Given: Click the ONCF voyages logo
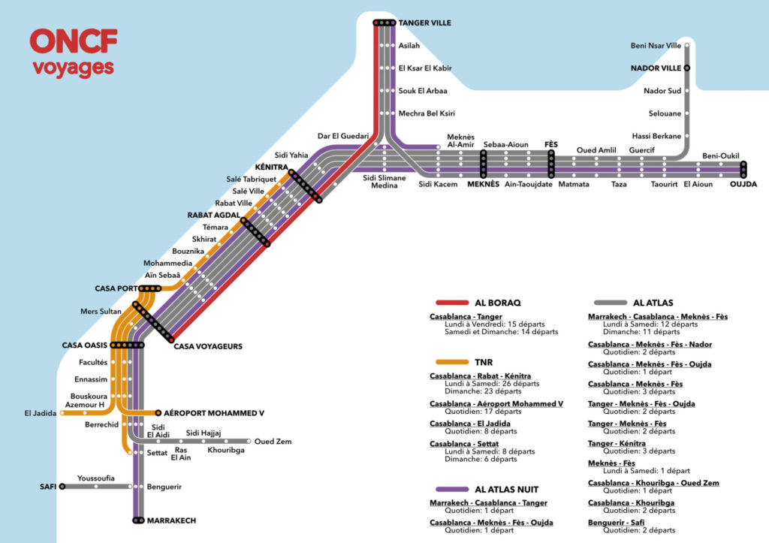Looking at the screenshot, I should coord(74,53).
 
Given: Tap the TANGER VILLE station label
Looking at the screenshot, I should coord(424,23).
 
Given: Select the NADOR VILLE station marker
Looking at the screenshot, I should coord(686,68).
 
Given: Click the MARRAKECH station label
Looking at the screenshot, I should coord(171,520).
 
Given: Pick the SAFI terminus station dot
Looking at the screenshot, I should coord(62,487).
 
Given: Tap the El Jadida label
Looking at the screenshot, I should coord(41,412).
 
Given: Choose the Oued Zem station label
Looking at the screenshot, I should coord(273,442).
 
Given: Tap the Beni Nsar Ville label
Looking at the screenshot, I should coord(656,47).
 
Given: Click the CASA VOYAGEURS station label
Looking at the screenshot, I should coord(208,346).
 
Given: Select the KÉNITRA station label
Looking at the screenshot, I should coord(272,167).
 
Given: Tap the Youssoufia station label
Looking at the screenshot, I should coord(96,478).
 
